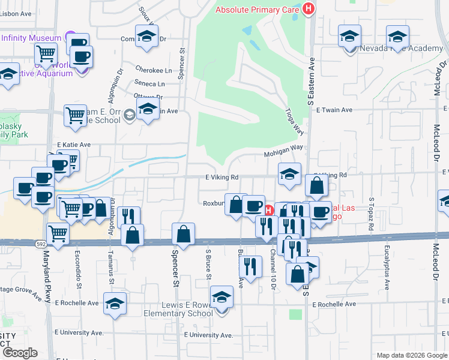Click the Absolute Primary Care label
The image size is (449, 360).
click(x=258, y=10)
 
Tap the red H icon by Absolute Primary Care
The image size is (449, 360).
click(x=309, y=9)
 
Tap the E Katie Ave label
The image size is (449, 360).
click(x=73, y=145)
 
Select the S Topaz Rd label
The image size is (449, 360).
click(x=372, y=214)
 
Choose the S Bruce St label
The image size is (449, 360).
click(x=208, y=265)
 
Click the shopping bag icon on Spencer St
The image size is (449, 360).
click(x=184, y=234)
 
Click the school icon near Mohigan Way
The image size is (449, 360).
click(x=289, y=175)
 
